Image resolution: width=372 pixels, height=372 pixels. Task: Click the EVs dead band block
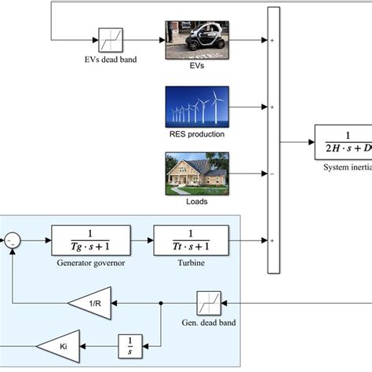[x=108, y=39]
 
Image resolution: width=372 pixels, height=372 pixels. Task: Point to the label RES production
[x=195, y=134]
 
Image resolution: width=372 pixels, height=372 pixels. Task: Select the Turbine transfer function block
[x=191, y=239]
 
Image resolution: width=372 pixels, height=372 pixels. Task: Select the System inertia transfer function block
[x=343, y=142]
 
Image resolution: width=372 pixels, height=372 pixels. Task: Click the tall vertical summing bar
[x=273, y=140]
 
